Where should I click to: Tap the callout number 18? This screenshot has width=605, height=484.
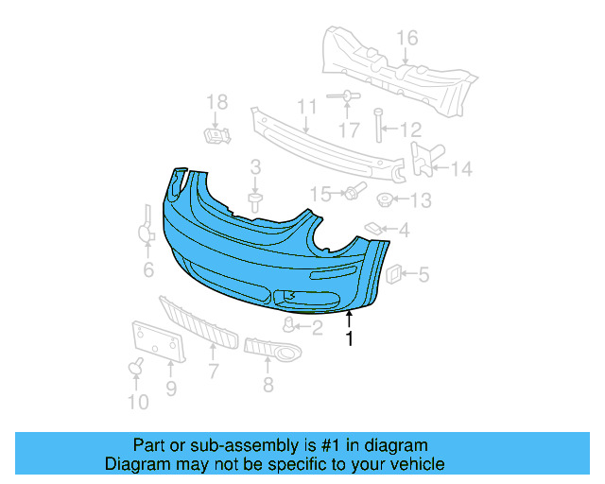pyautogui.click(x=217, y=102)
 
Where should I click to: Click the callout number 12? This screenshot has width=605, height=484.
pyautogui.click(x=410, y=130)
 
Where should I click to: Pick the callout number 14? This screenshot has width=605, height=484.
pyautogui.click(x=460, y=170)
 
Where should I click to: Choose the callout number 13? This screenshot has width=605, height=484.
pyautogui.click(x=420, y=200)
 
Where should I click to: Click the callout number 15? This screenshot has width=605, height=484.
pyautogui.click(x=320, y=194)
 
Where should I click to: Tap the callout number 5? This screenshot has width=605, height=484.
pyautogui.click(x=423, y=275)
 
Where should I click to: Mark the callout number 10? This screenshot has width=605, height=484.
pyautogui.click(x=138, y=403)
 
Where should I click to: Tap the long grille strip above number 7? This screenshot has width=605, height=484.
pyautogui.click(x=199, y=321)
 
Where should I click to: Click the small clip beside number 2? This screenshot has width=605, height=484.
pyautogui.click(x=289, y=326)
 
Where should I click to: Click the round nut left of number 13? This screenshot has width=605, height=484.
pyautogui.click(x=386, y=200)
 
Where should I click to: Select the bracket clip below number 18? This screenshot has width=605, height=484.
pyautogui.click(x=217, y=137)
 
